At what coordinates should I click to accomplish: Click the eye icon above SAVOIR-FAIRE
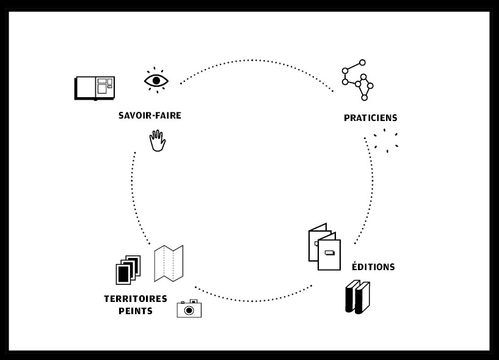[156, 80]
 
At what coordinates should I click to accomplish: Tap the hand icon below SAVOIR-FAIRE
[158, 141]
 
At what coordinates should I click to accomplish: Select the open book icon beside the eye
[95, 87]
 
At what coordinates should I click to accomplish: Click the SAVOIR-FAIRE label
[150, 116]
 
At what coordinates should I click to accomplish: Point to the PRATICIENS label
[370, 118]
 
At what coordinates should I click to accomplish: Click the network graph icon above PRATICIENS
[357, 80]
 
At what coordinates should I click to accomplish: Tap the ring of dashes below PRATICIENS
[386, 141]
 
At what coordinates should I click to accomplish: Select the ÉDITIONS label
[373, 267]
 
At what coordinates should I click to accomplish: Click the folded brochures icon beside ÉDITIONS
[324, 246]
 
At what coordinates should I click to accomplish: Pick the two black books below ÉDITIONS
[357, 297]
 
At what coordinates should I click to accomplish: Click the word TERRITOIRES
[136, 299]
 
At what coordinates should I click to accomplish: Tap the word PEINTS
[136, 311]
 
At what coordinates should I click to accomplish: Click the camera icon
[189, 309]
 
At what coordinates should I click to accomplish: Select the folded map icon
[169, 263]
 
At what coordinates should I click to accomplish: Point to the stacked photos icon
[128, 270]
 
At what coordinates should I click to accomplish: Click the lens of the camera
[189, 310]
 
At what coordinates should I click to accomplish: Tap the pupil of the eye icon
[156, 80]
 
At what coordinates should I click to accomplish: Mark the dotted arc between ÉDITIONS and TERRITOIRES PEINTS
[253, 301]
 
